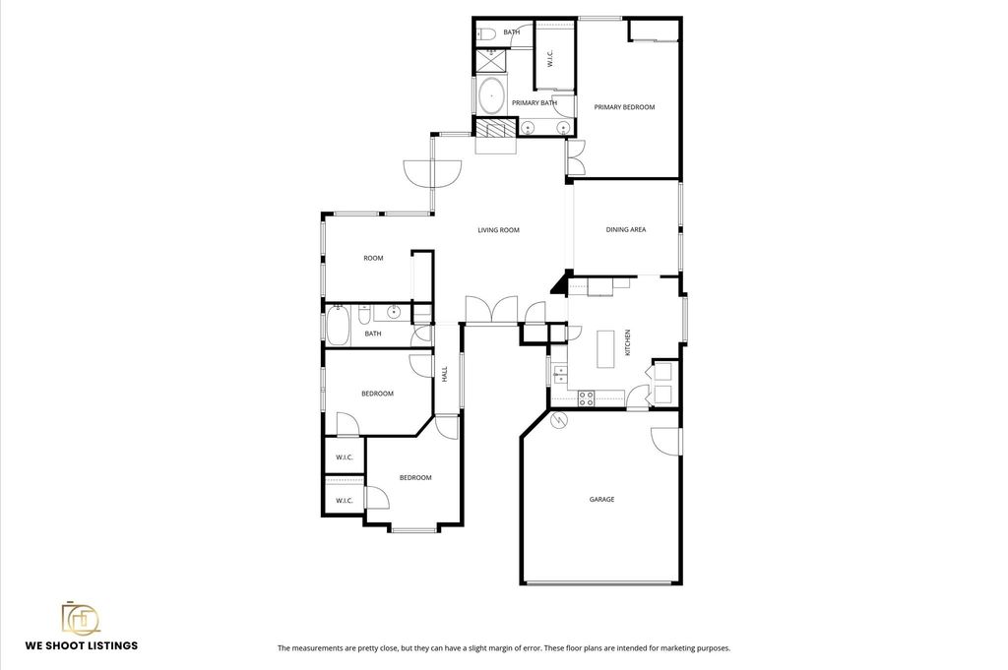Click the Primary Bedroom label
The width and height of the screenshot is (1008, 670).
pos(624,107)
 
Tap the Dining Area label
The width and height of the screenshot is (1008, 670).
pos(625,229)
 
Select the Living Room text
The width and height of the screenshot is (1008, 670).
pos(498,230)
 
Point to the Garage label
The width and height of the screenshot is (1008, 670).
pos(601,499)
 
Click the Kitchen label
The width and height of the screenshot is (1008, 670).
pos(628,342)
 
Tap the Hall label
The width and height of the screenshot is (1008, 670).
pos(444,375)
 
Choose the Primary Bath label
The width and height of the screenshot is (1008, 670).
pos(535,102)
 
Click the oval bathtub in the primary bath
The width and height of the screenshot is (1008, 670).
pos(492,95)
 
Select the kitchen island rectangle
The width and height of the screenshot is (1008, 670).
pos(606,349)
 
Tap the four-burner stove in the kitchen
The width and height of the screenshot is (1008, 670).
pos(586,398)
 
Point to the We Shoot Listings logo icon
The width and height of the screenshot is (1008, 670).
pos(81,619)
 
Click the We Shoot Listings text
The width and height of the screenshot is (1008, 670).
pos(82,645)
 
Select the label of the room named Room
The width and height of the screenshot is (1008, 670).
pos(373,258)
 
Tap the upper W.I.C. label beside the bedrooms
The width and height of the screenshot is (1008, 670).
pos(344,457)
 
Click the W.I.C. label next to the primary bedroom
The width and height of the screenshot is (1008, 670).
pos(549,59)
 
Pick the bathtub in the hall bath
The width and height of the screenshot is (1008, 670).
pos(338,326)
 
